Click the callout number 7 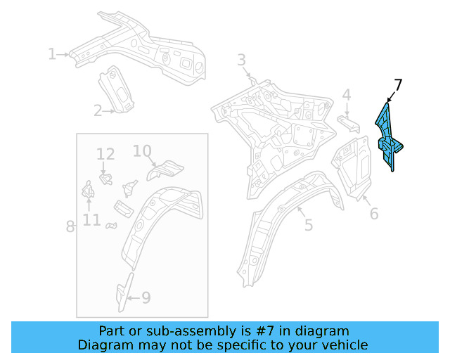pos(398,86)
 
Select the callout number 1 pos(51,53)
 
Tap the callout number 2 pos(98,110)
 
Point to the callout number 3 pos(241,60)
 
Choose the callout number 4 pos(347,95)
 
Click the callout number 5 pos(308,225)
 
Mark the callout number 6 pos(374,213)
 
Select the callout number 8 pos(70,226)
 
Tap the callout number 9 pos(146,297)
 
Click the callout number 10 pos(142,150)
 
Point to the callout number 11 pos(91,221)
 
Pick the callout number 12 pos(105,154)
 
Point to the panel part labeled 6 pos(353,164)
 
